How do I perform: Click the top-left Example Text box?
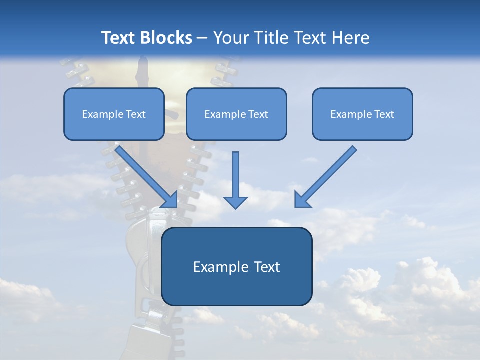tap(114, 114)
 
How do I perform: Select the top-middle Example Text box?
tap(236, 114)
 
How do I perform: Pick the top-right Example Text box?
tap(362, 114)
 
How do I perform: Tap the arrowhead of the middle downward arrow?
tap(235, 202)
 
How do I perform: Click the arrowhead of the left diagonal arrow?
tap(170, 200)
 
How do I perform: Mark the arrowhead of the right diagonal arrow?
tap(301, 200)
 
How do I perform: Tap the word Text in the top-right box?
tap(384, 114)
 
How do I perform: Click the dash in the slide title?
tap(202, 38)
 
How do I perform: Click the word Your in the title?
tap(229, 38)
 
